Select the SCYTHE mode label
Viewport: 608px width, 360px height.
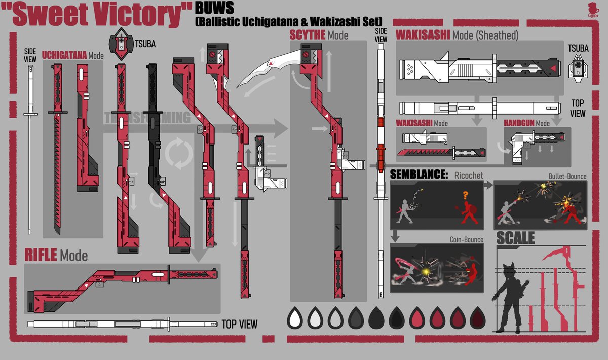(x=307, y=35)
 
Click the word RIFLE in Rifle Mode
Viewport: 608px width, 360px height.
(x=41, y=255)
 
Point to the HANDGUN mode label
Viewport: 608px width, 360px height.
(x=519, y=123)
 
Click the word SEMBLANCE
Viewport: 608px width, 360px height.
(x=419, y=175)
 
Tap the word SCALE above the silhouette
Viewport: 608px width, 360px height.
(x=515, y=238)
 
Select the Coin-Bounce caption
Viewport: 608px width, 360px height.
(x=466, y=239)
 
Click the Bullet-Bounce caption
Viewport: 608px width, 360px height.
(x=567, y=176)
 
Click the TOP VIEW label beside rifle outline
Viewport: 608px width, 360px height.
(x=239, y=324)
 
